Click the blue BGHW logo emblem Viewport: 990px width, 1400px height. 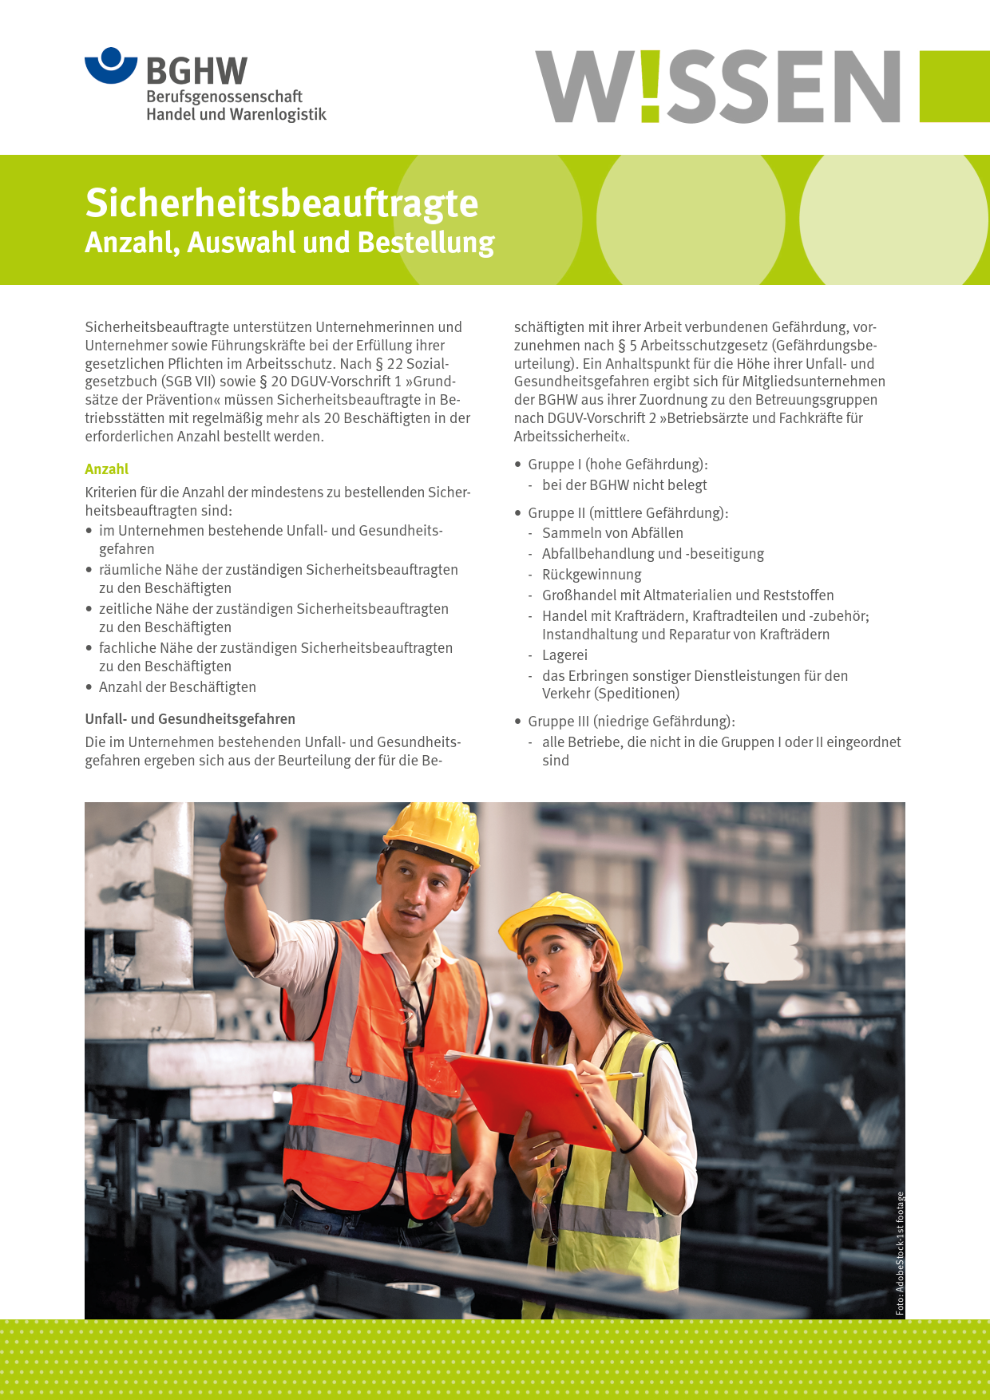pyautogui.click(x=111, y=65)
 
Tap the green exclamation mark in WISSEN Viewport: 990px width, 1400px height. pyautogui.click(x=650, y=86)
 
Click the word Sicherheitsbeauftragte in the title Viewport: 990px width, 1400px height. pyautogui.click(x=281, y=204)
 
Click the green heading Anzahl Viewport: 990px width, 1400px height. pyautogui.click(x=106, y=469)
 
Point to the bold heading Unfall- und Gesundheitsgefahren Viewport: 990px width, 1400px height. pyautogui.click(x=190, y=719)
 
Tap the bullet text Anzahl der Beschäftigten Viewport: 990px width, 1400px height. pyautogui.click(x=177, y=687)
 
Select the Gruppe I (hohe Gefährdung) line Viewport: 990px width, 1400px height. pyautogui.click(x=617, y=465)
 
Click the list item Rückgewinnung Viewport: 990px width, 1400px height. pyautogui.click(x=591, y=575)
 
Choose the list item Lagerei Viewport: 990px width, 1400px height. pyautogui.click(x=564, y=655)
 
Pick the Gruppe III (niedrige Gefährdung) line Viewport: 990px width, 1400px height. pyautogui.click(x=631, y=722)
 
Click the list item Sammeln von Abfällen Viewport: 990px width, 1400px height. pyautogui.click(x=612, y=533)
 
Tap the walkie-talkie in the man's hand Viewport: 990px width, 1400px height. pyautogui.click(x=250, y=832)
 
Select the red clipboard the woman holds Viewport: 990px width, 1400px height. pyautogui.click(x=527, y=1098)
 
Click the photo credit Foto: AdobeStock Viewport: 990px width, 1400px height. pyautogui.click(x=900, y=1253)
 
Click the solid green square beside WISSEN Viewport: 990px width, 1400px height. pyautogui.click(x=954, y=86)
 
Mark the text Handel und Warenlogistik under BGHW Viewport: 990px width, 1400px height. pyautogui.click(x=236, y=115)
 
